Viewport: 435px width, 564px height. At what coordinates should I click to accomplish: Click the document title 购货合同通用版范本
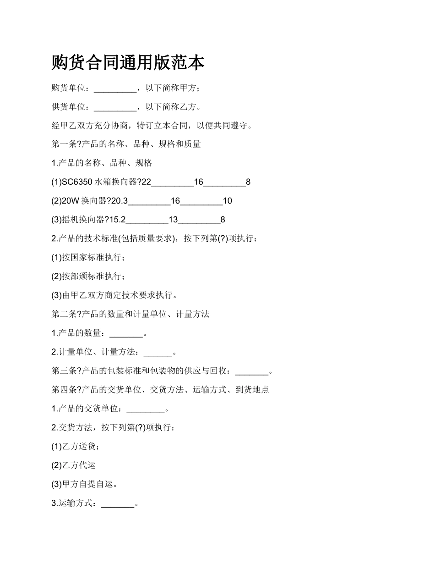(128, 63)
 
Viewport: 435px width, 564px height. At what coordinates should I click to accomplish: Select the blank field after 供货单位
(115, 107)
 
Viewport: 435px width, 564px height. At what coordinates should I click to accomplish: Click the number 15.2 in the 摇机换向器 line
(117, 220)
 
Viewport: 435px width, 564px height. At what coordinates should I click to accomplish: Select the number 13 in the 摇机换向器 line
(173, 220)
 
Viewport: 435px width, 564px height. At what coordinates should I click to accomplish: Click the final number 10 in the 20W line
(228, 201)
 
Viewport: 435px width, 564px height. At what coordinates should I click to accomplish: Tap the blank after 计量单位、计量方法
(158, 353)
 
